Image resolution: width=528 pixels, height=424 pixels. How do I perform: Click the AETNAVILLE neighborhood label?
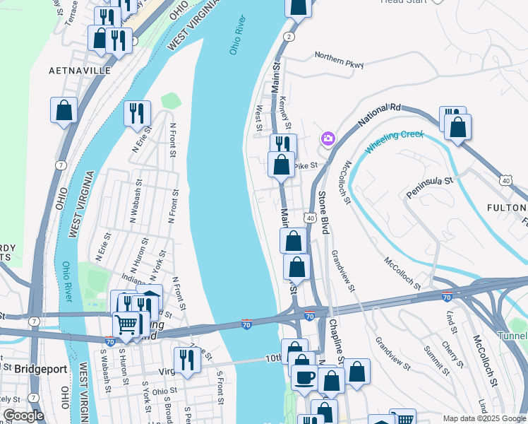point(80,71)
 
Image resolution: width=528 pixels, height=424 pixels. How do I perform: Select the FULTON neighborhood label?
point(507,207)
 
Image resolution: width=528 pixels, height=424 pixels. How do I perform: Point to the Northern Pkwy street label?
point(339,61)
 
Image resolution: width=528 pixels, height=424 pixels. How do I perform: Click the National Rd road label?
point(379,116)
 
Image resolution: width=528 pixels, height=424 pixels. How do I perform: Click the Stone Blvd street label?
point(323,212)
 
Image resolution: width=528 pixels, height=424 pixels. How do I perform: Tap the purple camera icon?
point(328,139)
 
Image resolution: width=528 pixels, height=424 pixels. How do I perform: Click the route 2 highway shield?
point(288,37)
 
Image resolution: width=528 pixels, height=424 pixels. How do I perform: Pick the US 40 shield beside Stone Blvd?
point(310,217)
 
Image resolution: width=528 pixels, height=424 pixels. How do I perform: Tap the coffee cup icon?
point(304,377)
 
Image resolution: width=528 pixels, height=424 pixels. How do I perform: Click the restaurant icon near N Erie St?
point(137,112)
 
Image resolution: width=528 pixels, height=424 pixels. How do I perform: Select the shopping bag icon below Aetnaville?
point(64,110)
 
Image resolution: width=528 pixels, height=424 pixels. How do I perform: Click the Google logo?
point(23,416)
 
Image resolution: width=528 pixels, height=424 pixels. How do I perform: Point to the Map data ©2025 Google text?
point(484,418)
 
